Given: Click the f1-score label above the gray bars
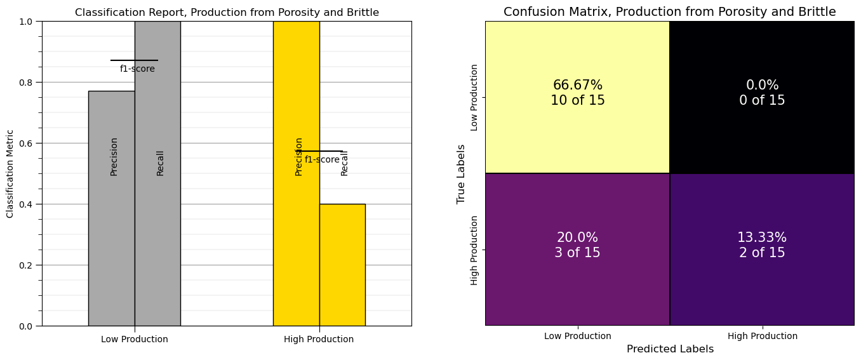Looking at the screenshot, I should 137,69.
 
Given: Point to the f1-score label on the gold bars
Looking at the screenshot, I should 322,159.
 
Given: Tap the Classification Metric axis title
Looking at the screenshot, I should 10,173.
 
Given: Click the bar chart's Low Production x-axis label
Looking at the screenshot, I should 135,339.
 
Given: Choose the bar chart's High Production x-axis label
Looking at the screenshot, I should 319,339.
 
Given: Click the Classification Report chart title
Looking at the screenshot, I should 227,13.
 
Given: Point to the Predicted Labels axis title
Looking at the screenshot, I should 670,349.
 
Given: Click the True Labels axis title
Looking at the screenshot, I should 462,173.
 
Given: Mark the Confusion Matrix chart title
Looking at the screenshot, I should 670,12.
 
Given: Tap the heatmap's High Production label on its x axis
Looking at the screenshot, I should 762,336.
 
